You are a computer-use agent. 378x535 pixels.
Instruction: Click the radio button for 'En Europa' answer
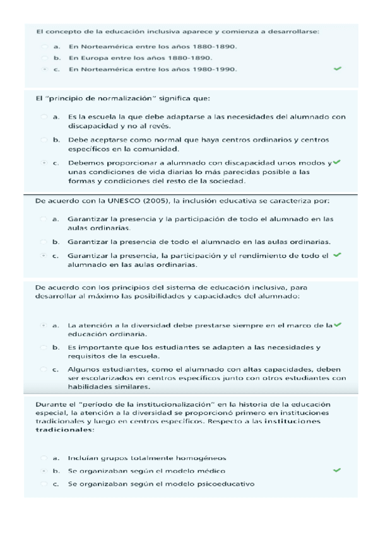click(x=44, y=57)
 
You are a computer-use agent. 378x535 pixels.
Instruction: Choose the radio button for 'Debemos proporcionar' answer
click(x=44, y=163)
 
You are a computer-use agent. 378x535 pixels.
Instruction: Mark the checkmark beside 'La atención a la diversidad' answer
click(x=337, y=324)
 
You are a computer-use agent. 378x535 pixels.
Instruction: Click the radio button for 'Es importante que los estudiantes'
click(x=44, y=347)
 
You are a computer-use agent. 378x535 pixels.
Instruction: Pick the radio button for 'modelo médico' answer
click(x=44, y=471)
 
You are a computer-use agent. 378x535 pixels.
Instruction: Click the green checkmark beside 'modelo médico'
click(x=337, y=470)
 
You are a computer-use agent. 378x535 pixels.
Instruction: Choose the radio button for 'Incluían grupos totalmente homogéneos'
click(x=44, y=457)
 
